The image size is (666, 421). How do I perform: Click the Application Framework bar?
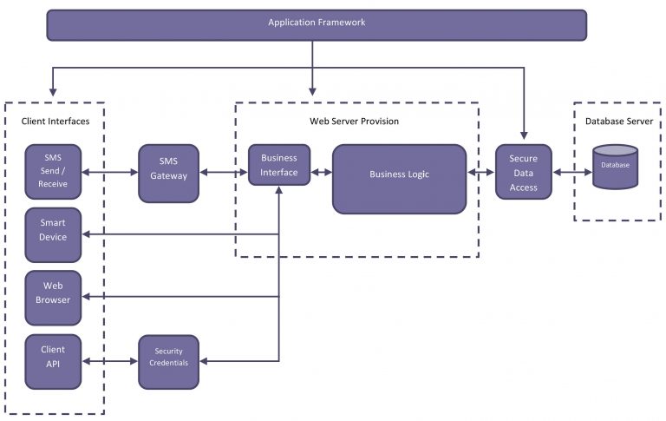click(317, 25)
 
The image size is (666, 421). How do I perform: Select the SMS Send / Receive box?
click(53, 171)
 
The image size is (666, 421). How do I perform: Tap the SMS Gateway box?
click(168, 173)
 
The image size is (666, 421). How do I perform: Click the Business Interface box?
click(279, 165)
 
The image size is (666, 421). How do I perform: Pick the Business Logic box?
click(399, 179)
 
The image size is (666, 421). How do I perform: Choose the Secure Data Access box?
click(524, 172)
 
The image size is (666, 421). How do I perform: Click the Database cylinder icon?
click(615, 167)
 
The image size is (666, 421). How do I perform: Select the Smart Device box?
click(53, 234)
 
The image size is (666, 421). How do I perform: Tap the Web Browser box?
click(53, 298)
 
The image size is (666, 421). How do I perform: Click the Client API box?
click(53, 361)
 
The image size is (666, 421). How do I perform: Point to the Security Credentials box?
click(168, 362)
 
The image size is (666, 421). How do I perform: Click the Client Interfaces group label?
click(55, 122)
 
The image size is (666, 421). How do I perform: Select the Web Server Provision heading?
click(354, 122)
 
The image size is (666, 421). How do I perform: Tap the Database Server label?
click(619, 122)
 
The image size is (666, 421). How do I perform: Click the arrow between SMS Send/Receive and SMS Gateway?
click(109, 172)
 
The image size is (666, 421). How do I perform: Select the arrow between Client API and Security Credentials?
click(109, 361)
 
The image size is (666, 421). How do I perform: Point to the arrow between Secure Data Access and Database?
click(572, 172)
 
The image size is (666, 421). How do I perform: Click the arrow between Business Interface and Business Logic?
click(322, 172)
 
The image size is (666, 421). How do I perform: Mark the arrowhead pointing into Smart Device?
click(85, 234)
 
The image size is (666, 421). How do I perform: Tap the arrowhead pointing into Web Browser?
click(85, 297)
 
